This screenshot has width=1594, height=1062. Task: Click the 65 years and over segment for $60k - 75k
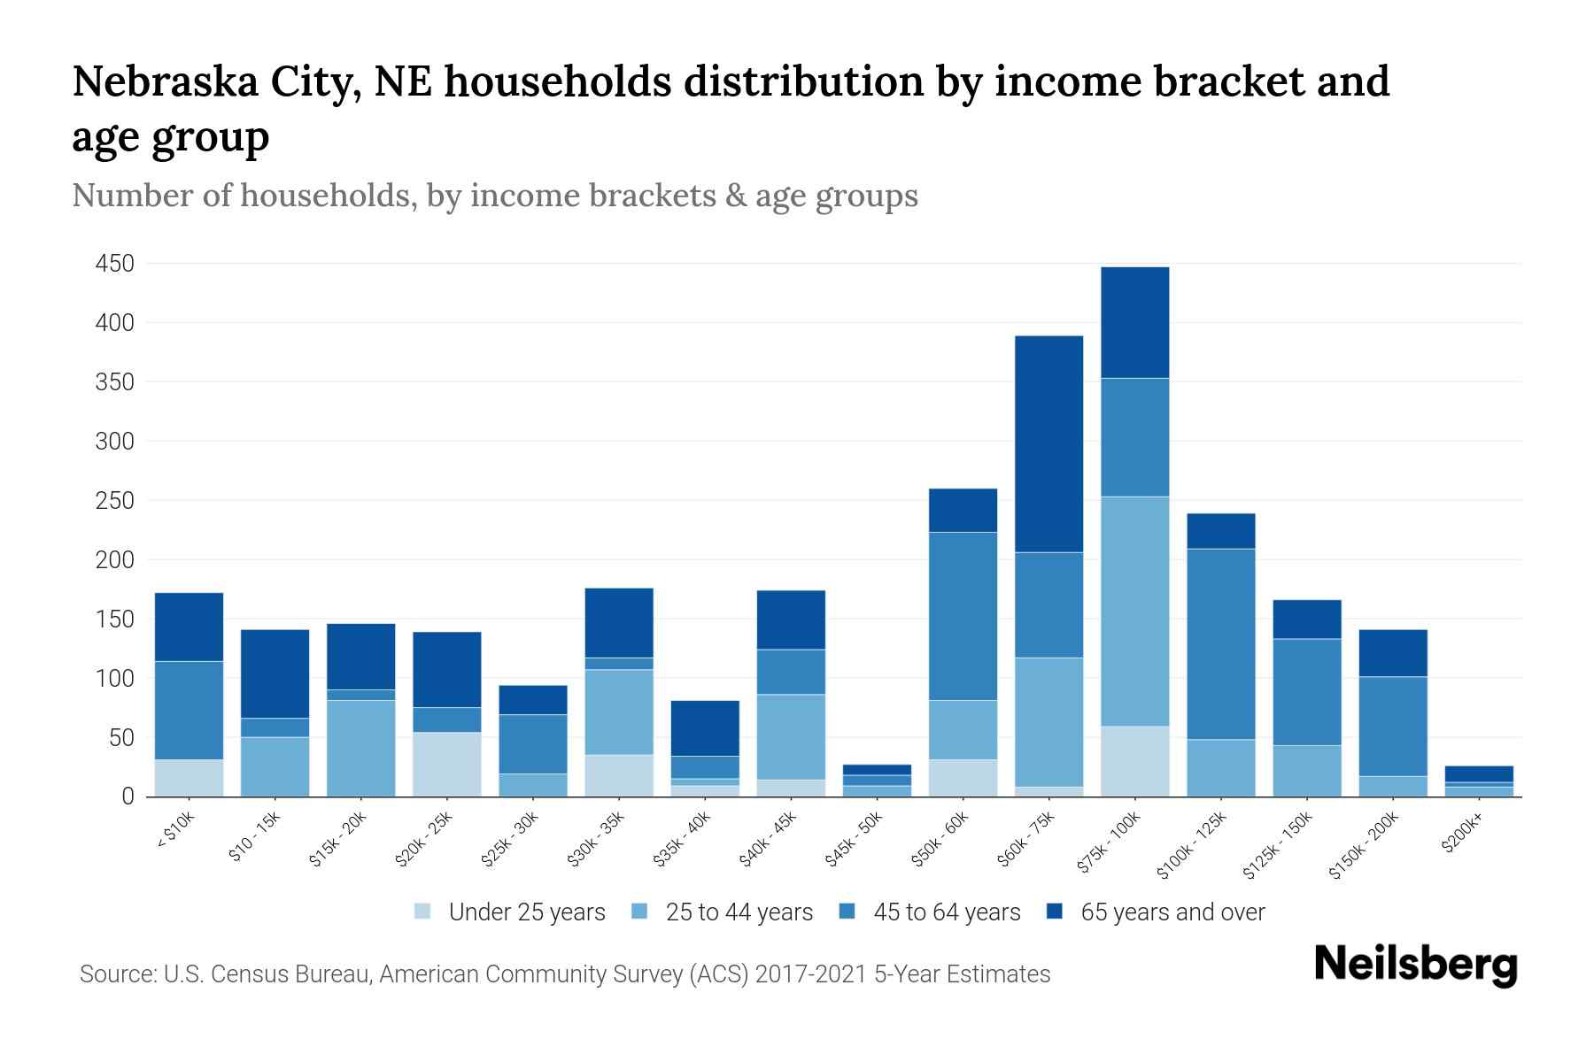1048,444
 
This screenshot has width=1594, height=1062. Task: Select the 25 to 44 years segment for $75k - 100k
1134,612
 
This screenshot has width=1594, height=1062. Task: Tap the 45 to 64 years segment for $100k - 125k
1220,644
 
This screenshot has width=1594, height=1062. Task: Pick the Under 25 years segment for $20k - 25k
446,764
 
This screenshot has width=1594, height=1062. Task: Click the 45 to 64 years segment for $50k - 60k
963,616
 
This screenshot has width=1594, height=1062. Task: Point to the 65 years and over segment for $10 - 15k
275,673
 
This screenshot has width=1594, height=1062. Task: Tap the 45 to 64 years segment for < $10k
189,711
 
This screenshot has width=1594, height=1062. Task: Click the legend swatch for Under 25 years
423,912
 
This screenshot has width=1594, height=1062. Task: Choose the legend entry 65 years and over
1172,912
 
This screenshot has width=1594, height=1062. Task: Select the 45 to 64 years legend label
947,912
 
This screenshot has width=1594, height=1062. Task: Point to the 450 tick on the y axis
115,264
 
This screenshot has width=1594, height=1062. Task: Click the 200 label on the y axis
115,560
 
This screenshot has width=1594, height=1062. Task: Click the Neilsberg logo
1415,965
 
